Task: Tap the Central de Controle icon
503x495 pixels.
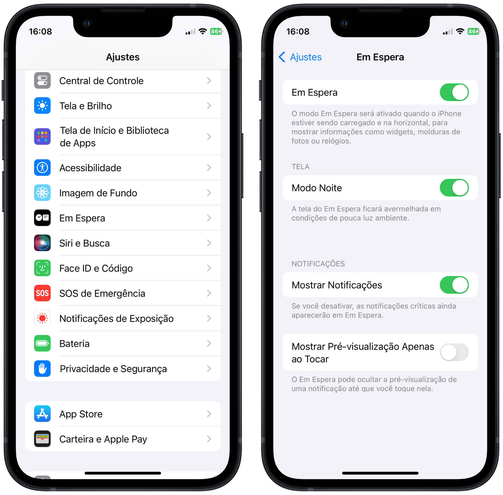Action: pyautogui.click(x=42, y=81)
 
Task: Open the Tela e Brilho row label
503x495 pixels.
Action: pyautogui.click(x=85, y=106)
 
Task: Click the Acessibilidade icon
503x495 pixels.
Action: pyautogui.click(x=42, y=168)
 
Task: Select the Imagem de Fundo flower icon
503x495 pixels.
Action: pyautogui.click(x=42, y=193)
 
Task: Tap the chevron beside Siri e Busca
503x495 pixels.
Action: pyautogui.click(x=209, y=243)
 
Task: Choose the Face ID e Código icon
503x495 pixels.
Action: pyautogui.click(x=42, y=268)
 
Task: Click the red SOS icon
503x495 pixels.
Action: pyautogui.click(x=42, y=293)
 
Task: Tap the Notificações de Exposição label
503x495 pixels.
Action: pyautogui.click(x=116, y=318)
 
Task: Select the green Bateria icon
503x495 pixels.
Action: pyautogui.click(x=42, y=344)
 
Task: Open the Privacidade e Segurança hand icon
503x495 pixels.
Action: pyautogui.click(x=42, y=369)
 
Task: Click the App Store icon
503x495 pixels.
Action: pyautogui.click(x=42, y=414)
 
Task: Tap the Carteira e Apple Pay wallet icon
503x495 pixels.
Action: pyautogui.click(x=42, y=439)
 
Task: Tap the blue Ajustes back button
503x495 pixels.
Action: pyautogui.click(x=300, y=57)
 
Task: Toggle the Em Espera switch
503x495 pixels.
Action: pyautogui.click(x=454, y=92)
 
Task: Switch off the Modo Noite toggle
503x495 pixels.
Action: pyautogui.click(x=454, y=188)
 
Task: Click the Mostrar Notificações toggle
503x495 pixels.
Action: pyautogui.click(x=454, y=285)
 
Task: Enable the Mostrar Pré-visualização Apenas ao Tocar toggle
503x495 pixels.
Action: pyautogui.click(x=454, y=352)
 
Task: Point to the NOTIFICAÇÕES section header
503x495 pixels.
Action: pyautogui.click(x=318, y=264)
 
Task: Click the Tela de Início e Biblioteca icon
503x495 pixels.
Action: pyautogui.click(x=42, y=137)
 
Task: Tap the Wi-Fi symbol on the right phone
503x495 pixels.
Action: pyautogui.click(x=460, y=31)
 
